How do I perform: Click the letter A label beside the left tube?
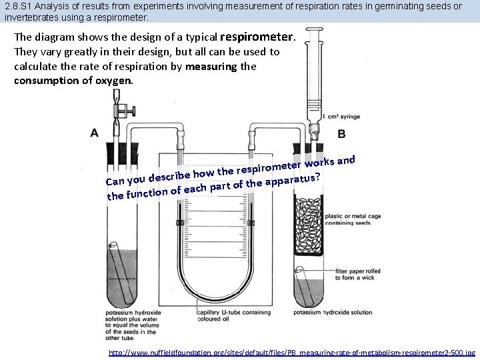(95, 132)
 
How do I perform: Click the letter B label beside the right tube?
(341, 134)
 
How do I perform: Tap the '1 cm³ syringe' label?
(341, 117)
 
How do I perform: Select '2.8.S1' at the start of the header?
(18, 6)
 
